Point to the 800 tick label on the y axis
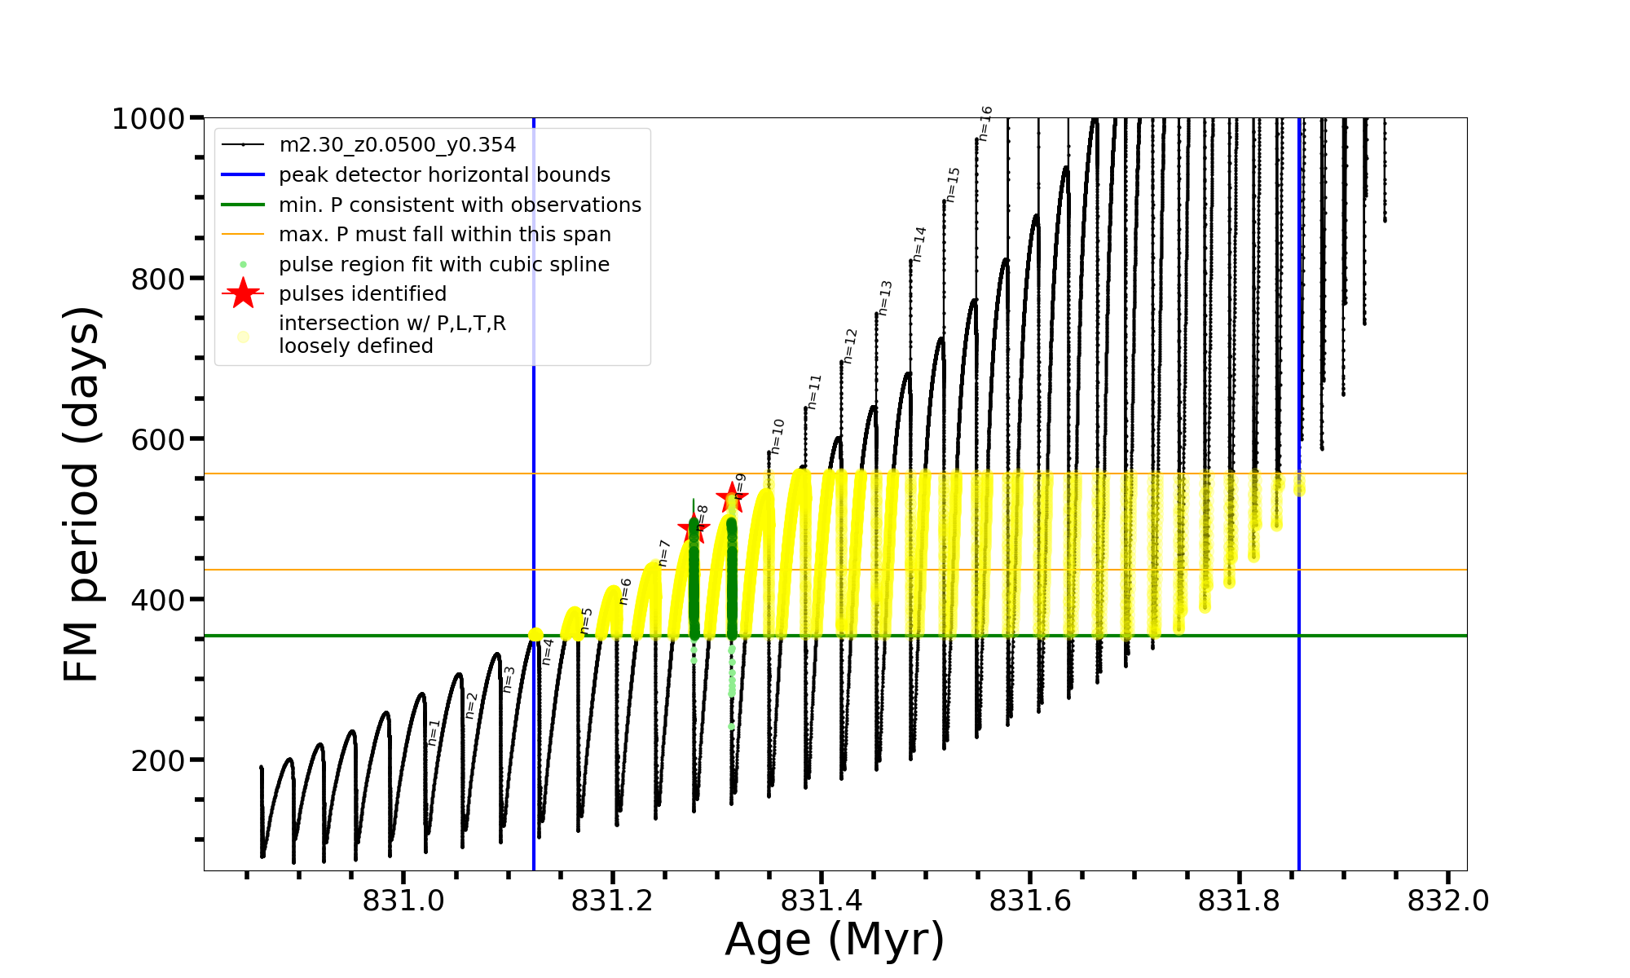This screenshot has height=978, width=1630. [156, 279]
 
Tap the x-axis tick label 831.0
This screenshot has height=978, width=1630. [404, 901]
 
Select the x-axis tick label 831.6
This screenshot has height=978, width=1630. [1030, 901]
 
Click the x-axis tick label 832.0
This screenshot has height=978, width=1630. [1448, 901]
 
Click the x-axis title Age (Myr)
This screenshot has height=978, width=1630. [835, 940]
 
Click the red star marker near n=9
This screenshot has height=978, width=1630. [732, 496]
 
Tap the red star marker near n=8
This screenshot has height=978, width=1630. [694, 527]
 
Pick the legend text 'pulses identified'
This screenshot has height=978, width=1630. [363, 294]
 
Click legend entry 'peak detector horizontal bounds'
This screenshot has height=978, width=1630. [444, 175]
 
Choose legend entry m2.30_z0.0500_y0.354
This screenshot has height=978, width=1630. [397, 145]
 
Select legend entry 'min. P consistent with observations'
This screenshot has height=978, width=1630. [460, 205]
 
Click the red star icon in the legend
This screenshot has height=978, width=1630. [243, 293]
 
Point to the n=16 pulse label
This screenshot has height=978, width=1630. [985, 124]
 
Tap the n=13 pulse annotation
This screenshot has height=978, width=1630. [885, 298]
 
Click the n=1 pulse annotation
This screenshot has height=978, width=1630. [434, 732]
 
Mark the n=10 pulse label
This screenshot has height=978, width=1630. [777, 436]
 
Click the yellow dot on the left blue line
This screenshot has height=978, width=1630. [535, 635]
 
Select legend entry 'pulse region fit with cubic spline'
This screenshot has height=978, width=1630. [443, 265]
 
